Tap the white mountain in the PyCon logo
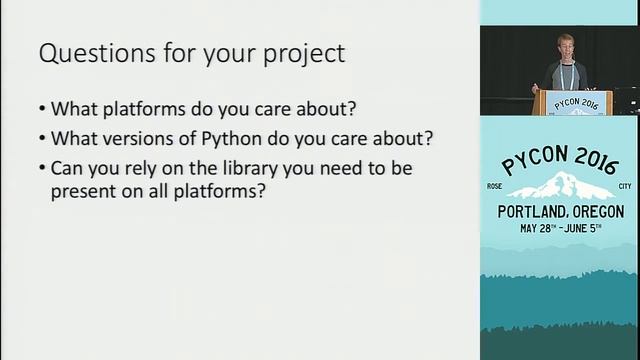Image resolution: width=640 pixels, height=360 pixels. coord(559,187)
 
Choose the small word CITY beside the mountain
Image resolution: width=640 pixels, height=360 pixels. coord(615,184)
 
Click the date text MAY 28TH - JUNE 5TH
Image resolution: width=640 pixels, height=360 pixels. coord(560,229)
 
